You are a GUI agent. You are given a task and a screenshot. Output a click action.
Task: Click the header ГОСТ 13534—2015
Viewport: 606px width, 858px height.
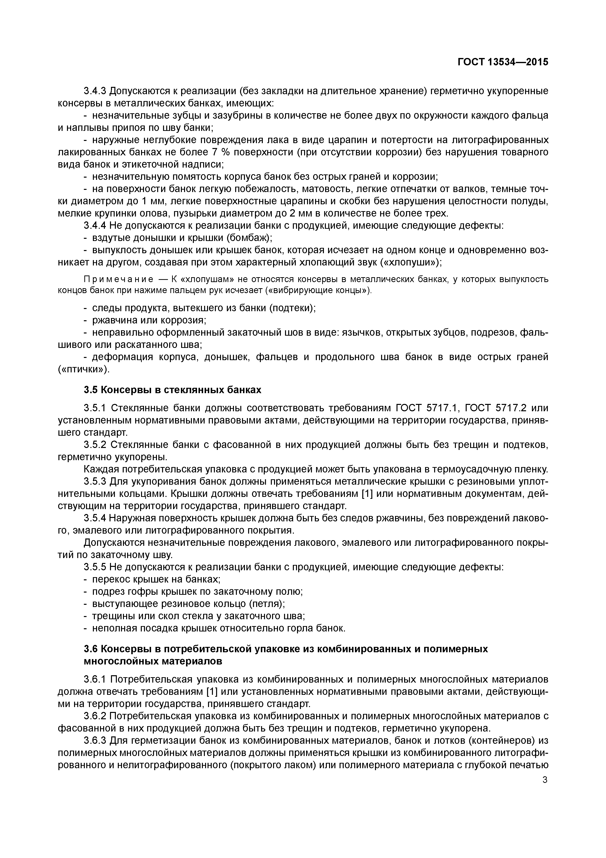(503, 62)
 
